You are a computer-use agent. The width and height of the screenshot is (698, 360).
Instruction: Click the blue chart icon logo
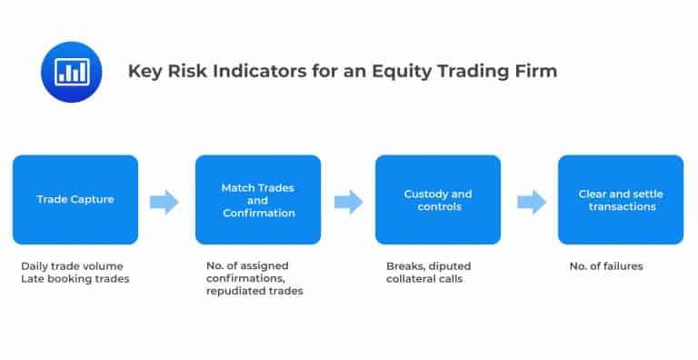click(x=69, y=70)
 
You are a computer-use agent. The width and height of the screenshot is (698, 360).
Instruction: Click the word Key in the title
click(x=143, y=71)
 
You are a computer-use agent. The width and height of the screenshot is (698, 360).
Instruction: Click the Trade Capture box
click(x=75, y=199)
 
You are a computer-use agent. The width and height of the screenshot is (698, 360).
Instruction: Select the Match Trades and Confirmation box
click(x=258, y=199)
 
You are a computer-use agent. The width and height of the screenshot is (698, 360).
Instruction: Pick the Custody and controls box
click(x=437, y=199)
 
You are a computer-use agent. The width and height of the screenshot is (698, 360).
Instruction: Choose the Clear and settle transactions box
click(x=620, y=199)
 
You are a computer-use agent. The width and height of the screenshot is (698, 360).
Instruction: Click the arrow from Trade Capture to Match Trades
click(x=165, y=201)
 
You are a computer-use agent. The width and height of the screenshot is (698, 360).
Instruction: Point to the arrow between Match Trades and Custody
click(x=348, y=201)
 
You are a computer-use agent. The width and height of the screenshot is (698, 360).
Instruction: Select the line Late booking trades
click(x=75, y=279)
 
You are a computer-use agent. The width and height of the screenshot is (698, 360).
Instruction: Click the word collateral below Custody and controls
click(x=413, y=279)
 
